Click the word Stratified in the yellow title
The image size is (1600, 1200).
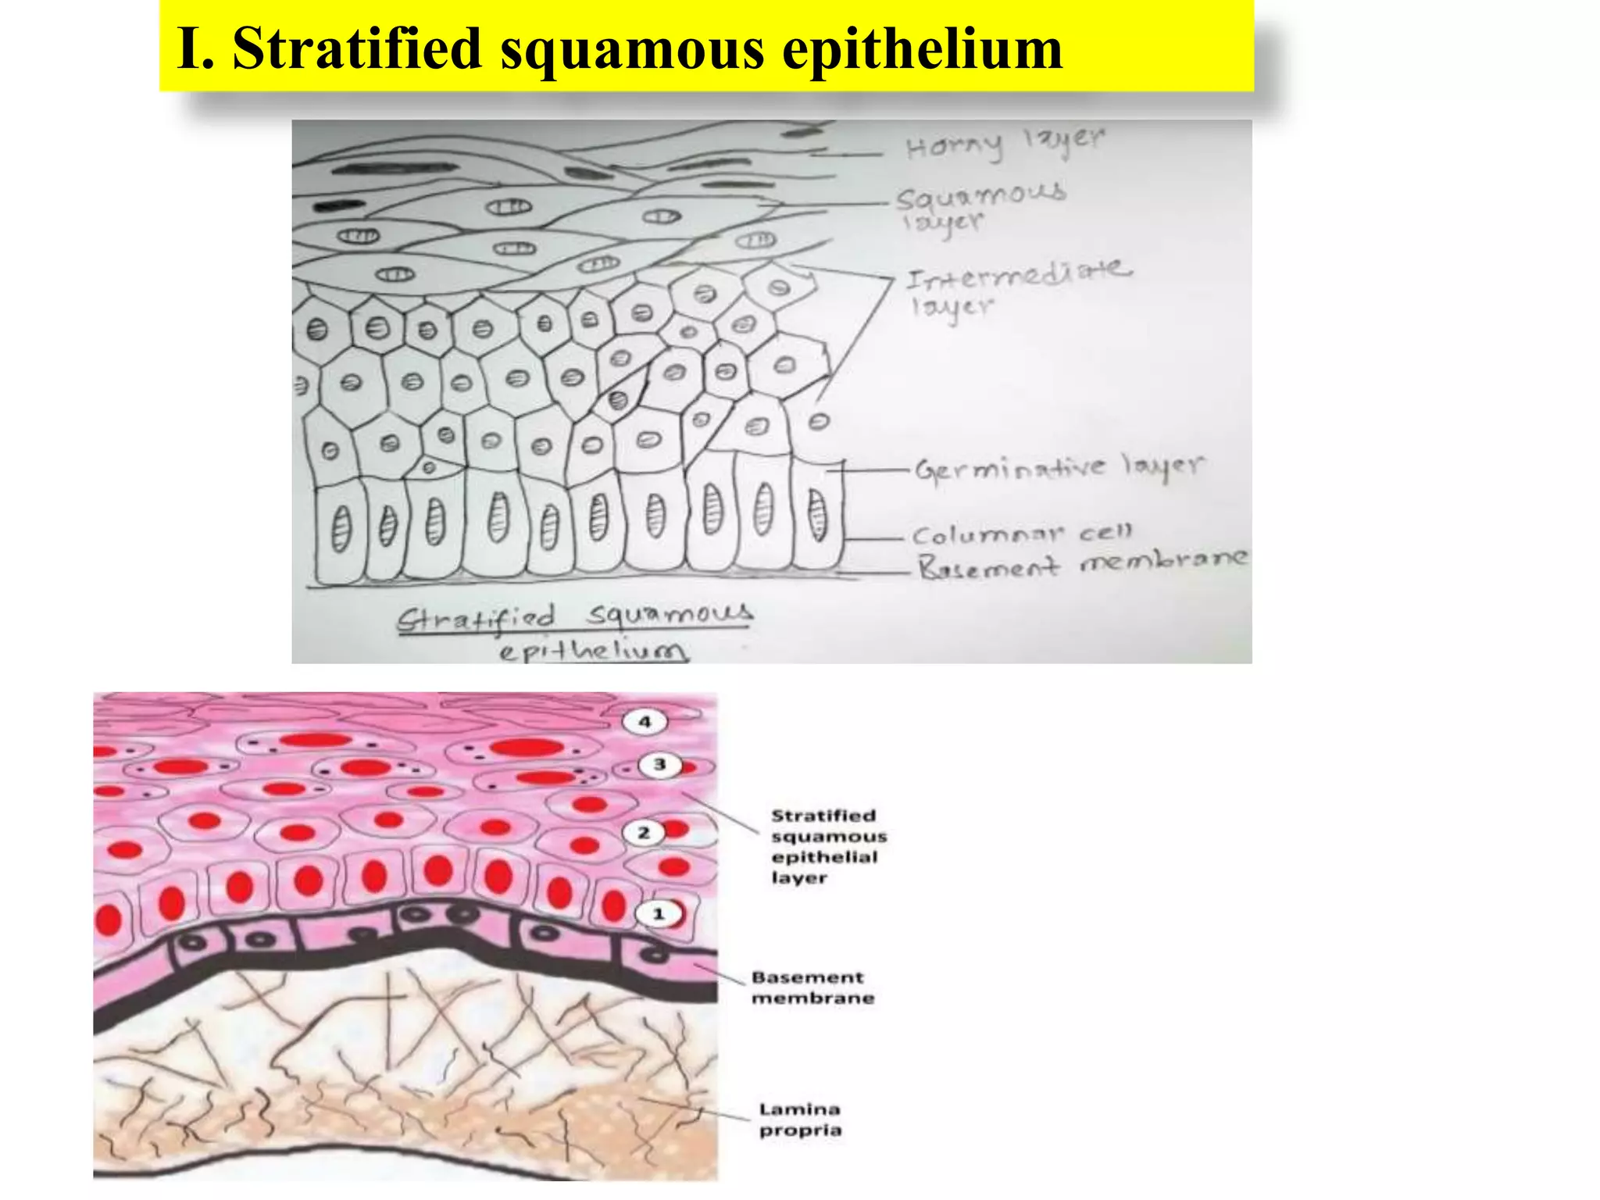tap(357, 48)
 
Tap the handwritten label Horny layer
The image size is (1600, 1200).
tap(1005, 144)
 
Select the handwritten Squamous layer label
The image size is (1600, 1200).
tap(980, 207)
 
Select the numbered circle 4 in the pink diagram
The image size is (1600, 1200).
tap(645, 722)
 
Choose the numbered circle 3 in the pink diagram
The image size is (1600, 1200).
tap(659, 765)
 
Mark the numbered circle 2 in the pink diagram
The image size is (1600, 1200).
tap(644, 833)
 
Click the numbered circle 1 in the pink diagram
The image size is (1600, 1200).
tap(659, 914)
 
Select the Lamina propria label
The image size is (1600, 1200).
tap(800, 1120)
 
